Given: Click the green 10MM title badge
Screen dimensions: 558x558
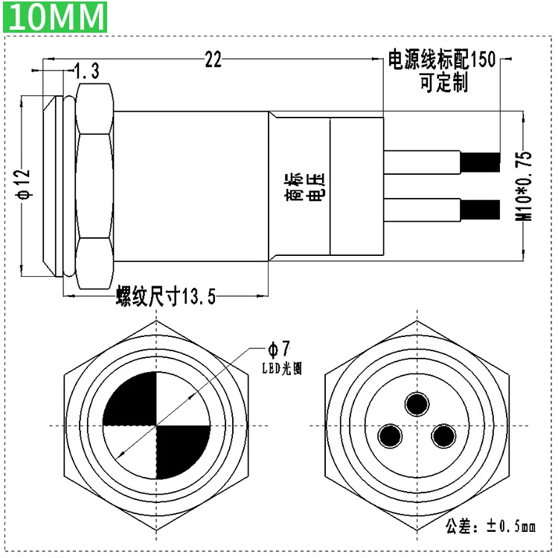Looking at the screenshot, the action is pos(55,16).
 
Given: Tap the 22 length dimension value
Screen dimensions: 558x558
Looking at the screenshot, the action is pos(214,60).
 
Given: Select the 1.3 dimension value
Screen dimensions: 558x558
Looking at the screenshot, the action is pos(87,71).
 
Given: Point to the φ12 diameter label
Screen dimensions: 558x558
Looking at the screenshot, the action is pos(25,185).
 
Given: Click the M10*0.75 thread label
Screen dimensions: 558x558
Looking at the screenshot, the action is pos(524,186).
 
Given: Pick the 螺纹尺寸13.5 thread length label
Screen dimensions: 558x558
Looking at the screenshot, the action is pos(166,296).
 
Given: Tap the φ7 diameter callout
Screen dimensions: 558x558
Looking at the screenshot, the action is pos(279,349).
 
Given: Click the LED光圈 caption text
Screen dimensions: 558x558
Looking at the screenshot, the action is pos(282,368).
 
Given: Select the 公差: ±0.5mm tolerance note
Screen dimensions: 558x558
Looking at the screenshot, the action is pos(490,527).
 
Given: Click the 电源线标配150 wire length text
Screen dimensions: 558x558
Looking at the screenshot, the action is pos(442,60).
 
